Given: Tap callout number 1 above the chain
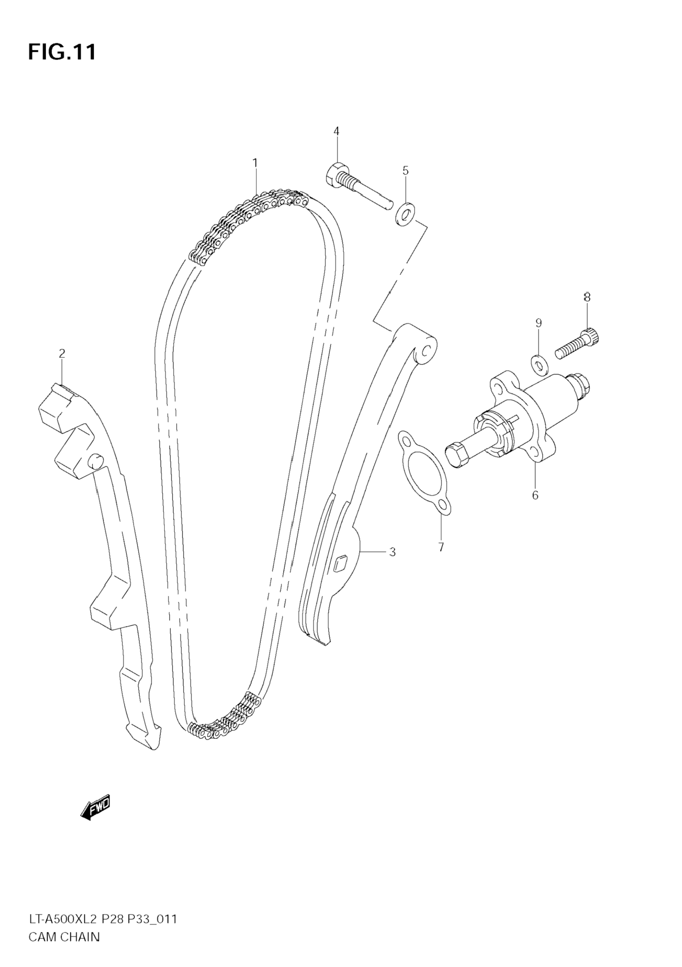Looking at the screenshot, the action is tap(255, 163).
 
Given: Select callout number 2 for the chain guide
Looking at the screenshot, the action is tap(62, 353).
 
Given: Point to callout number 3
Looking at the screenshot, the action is tap(392, 552).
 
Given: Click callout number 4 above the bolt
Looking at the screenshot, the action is tap(336, 131).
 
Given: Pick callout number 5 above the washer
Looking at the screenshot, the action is tap(405, 171).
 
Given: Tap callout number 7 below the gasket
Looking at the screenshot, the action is tap(441, 548).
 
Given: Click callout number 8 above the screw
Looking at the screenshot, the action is tap(587, 297).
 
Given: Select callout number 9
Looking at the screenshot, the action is tap(538, 323).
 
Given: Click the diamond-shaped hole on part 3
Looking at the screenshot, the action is tap(340, 563).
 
